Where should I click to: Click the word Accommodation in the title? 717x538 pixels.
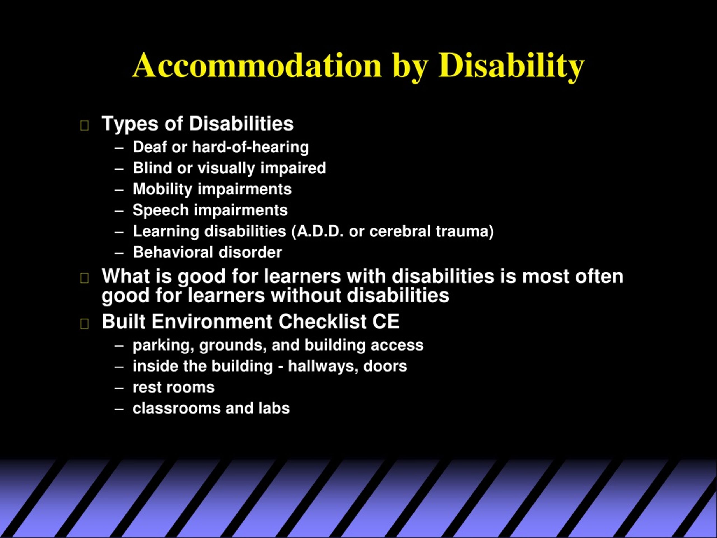click(257, 66)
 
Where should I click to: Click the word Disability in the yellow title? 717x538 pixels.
click(511, 66)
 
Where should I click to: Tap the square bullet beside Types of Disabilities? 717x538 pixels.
click(84, 126)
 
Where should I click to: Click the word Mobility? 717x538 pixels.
click(162, 189)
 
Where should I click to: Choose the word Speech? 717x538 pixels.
click(160, 210)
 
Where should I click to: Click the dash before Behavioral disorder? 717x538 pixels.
click(119, 253)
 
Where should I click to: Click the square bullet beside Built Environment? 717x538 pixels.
click(84, 323)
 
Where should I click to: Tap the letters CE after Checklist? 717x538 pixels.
click(386, 322)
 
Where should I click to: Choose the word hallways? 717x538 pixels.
click(323, 366)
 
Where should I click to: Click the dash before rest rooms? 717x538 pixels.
click(119, 388)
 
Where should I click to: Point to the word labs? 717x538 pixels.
click(274, 408)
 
